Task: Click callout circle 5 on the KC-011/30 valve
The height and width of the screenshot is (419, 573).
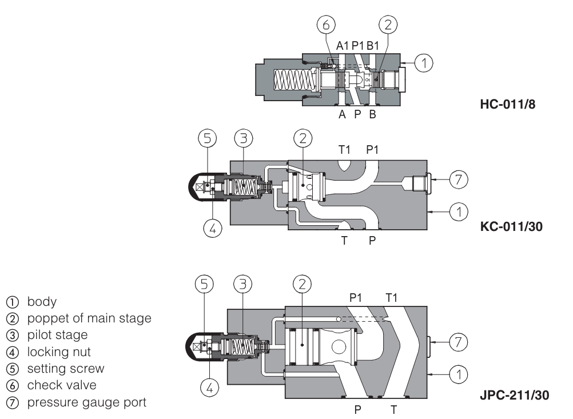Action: coord(207,138)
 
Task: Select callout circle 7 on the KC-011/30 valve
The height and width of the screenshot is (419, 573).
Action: coord(457,179)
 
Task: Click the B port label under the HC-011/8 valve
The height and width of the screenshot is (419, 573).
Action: coord(372,114)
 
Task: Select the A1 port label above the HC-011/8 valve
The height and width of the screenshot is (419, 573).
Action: coord(343,45)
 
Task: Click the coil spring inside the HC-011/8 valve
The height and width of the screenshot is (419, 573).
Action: coord(292,79)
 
